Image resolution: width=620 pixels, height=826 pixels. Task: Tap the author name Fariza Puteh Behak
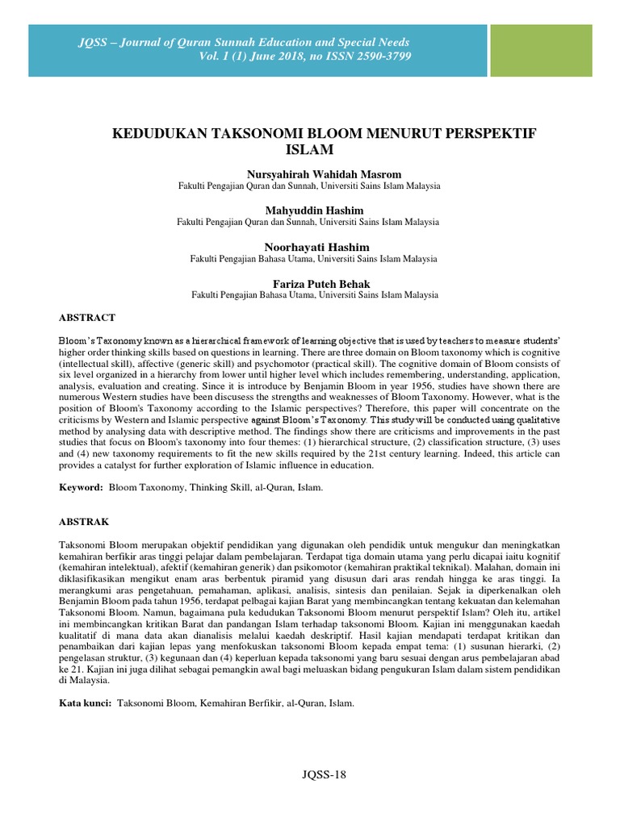(x=310, y=284)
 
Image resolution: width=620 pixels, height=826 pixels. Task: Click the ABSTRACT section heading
(x=88, y=318)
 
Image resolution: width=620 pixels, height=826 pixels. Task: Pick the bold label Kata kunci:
(x=86, y=703)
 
